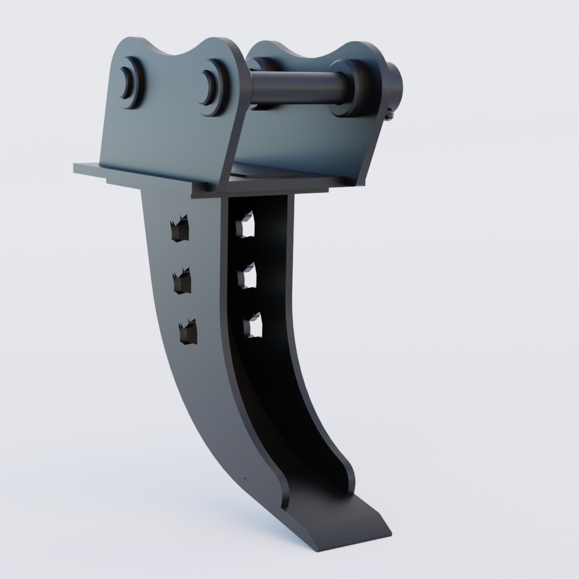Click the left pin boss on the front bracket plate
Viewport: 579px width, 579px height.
tap(129, 83)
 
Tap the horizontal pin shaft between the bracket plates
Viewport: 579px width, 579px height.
tap(294, 88)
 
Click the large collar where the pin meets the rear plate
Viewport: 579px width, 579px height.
tap(351, 88)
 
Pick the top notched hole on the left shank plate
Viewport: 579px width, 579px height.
tap(180, 229)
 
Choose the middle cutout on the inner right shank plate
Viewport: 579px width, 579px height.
tap(248, 276)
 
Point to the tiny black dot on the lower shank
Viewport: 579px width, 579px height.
tap(245, 478)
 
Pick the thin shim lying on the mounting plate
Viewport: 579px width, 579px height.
tap(266, 172)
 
